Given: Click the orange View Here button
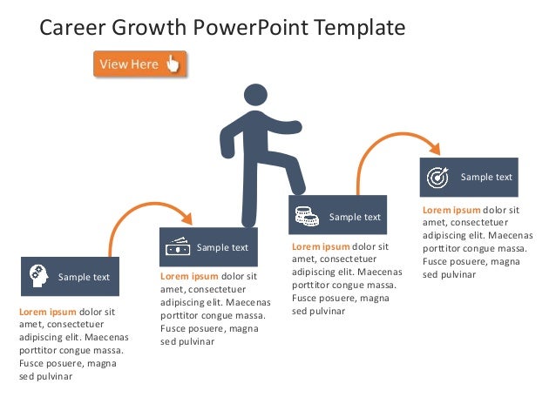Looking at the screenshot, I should click(x=139, y=64).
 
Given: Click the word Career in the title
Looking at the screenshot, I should click(x=73, y=28).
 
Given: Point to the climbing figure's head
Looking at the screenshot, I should click(x=255, y=97).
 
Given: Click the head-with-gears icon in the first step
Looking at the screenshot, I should click(x=37, y=276).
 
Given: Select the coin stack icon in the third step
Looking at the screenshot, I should click(x=305, y=216).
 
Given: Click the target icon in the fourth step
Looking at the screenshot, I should click(x=437, y=177).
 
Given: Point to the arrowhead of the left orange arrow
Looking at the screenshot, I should click(x=186, y=216).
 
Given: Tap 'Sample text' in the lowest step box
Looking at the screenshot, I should click(x=84, y=277).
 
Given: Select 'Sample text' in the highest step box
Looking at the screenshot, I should click(x=486, y=177).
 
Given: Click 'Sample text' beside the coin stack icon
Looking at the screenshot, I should click(x=355, y=217).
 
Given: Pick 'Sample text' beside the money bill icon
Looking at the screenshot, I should click(x=222, y=247).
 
